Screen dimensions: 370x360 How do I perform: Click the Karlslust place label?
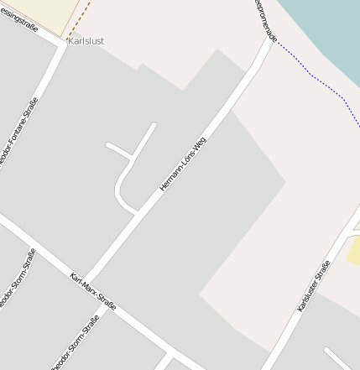pos(86,40)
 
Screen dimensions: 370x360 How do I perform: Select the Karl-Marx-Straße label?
pos(93,292)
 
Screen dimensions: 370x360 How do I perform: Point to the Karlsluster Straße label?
pos(314,286)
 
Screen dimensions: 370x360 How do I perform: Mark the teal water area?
pos(327,34)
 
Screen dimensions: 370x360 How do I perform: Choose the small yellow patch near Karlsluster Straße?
pos(354,250)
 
